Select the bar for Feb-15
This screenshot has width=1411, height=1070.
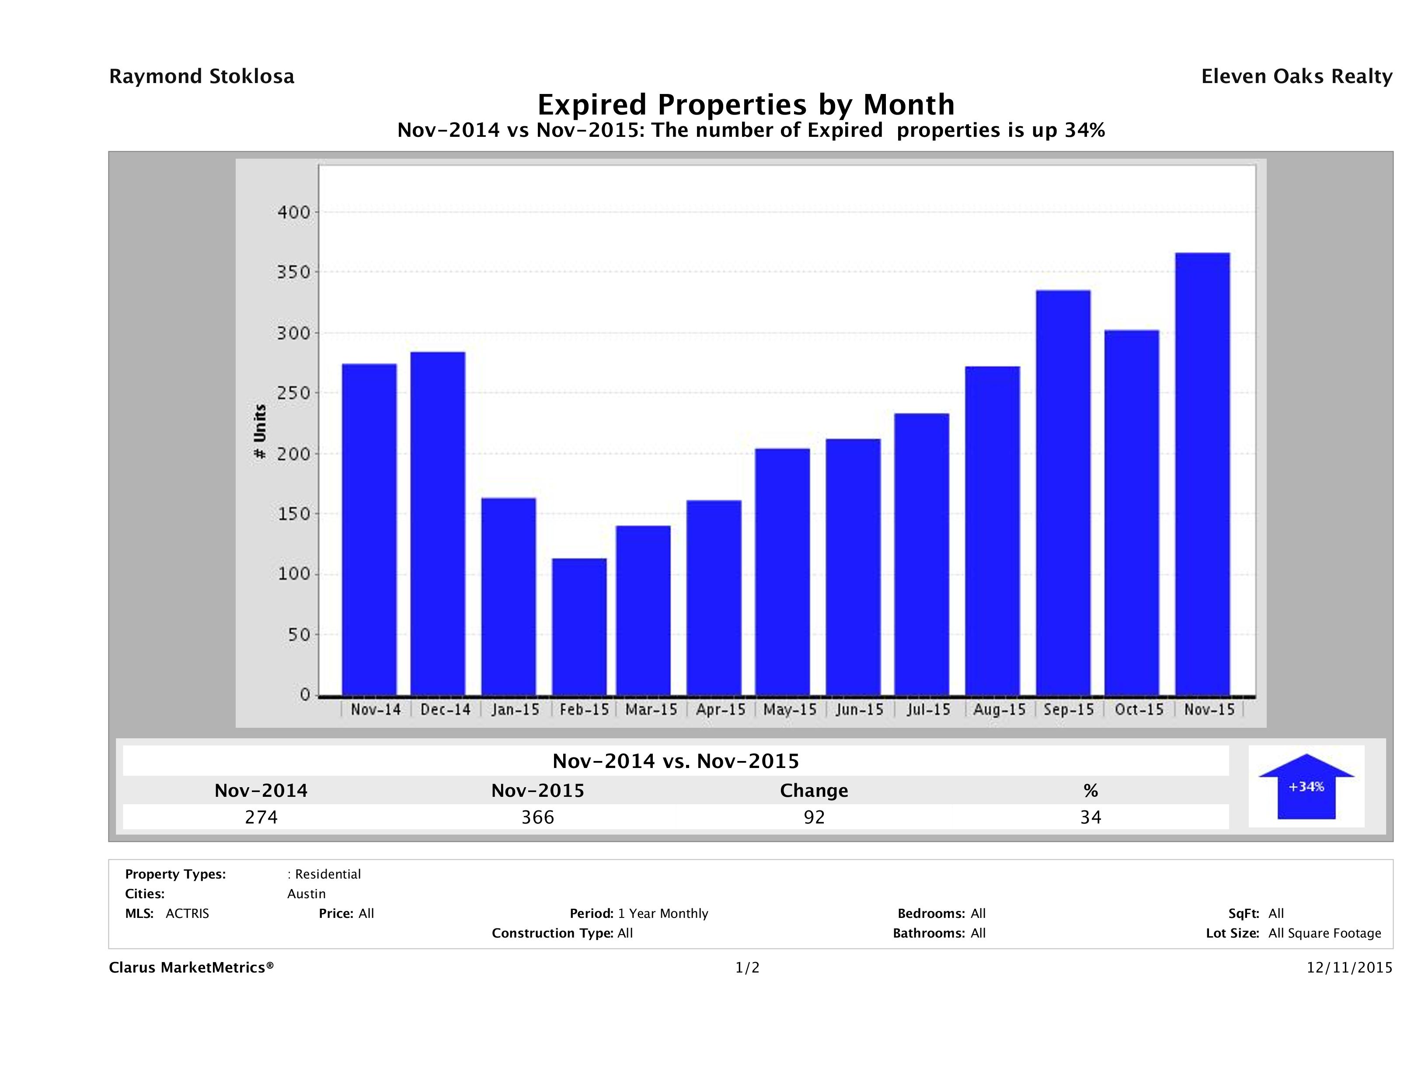click(x=579, y=627)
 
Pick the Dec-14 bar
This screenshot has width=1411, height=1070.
click(x=438, y=524)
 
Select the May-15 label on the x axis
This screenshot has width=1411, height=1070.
click(x=790, y=710)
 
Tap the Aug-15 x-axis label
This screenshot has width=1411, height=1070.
click(x=999, y=710)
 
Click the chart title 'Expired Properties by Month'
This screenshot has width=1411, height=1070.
click(x=746, y=104)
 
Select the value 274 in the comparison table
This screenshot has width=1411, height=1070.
click(x=261, y=817)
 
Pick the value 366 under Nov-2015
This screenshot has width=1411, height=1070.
click(x=538, y=817)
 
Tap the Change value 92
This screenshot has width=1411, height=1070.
click(x=814, y=817)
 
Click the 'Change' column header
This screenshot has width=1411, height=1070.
click(x=814, y=791)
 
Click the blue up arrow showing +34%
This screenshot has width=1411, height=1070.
click(x=1306, y=786)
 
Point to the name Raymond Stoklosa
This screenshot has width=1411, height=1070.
click(x=202, y=76)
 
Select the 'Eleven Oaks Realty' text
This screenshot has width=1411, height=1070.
click(x=1296, y=76)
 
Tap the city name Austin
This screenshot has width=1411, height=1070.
click(x=306, y=894)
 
